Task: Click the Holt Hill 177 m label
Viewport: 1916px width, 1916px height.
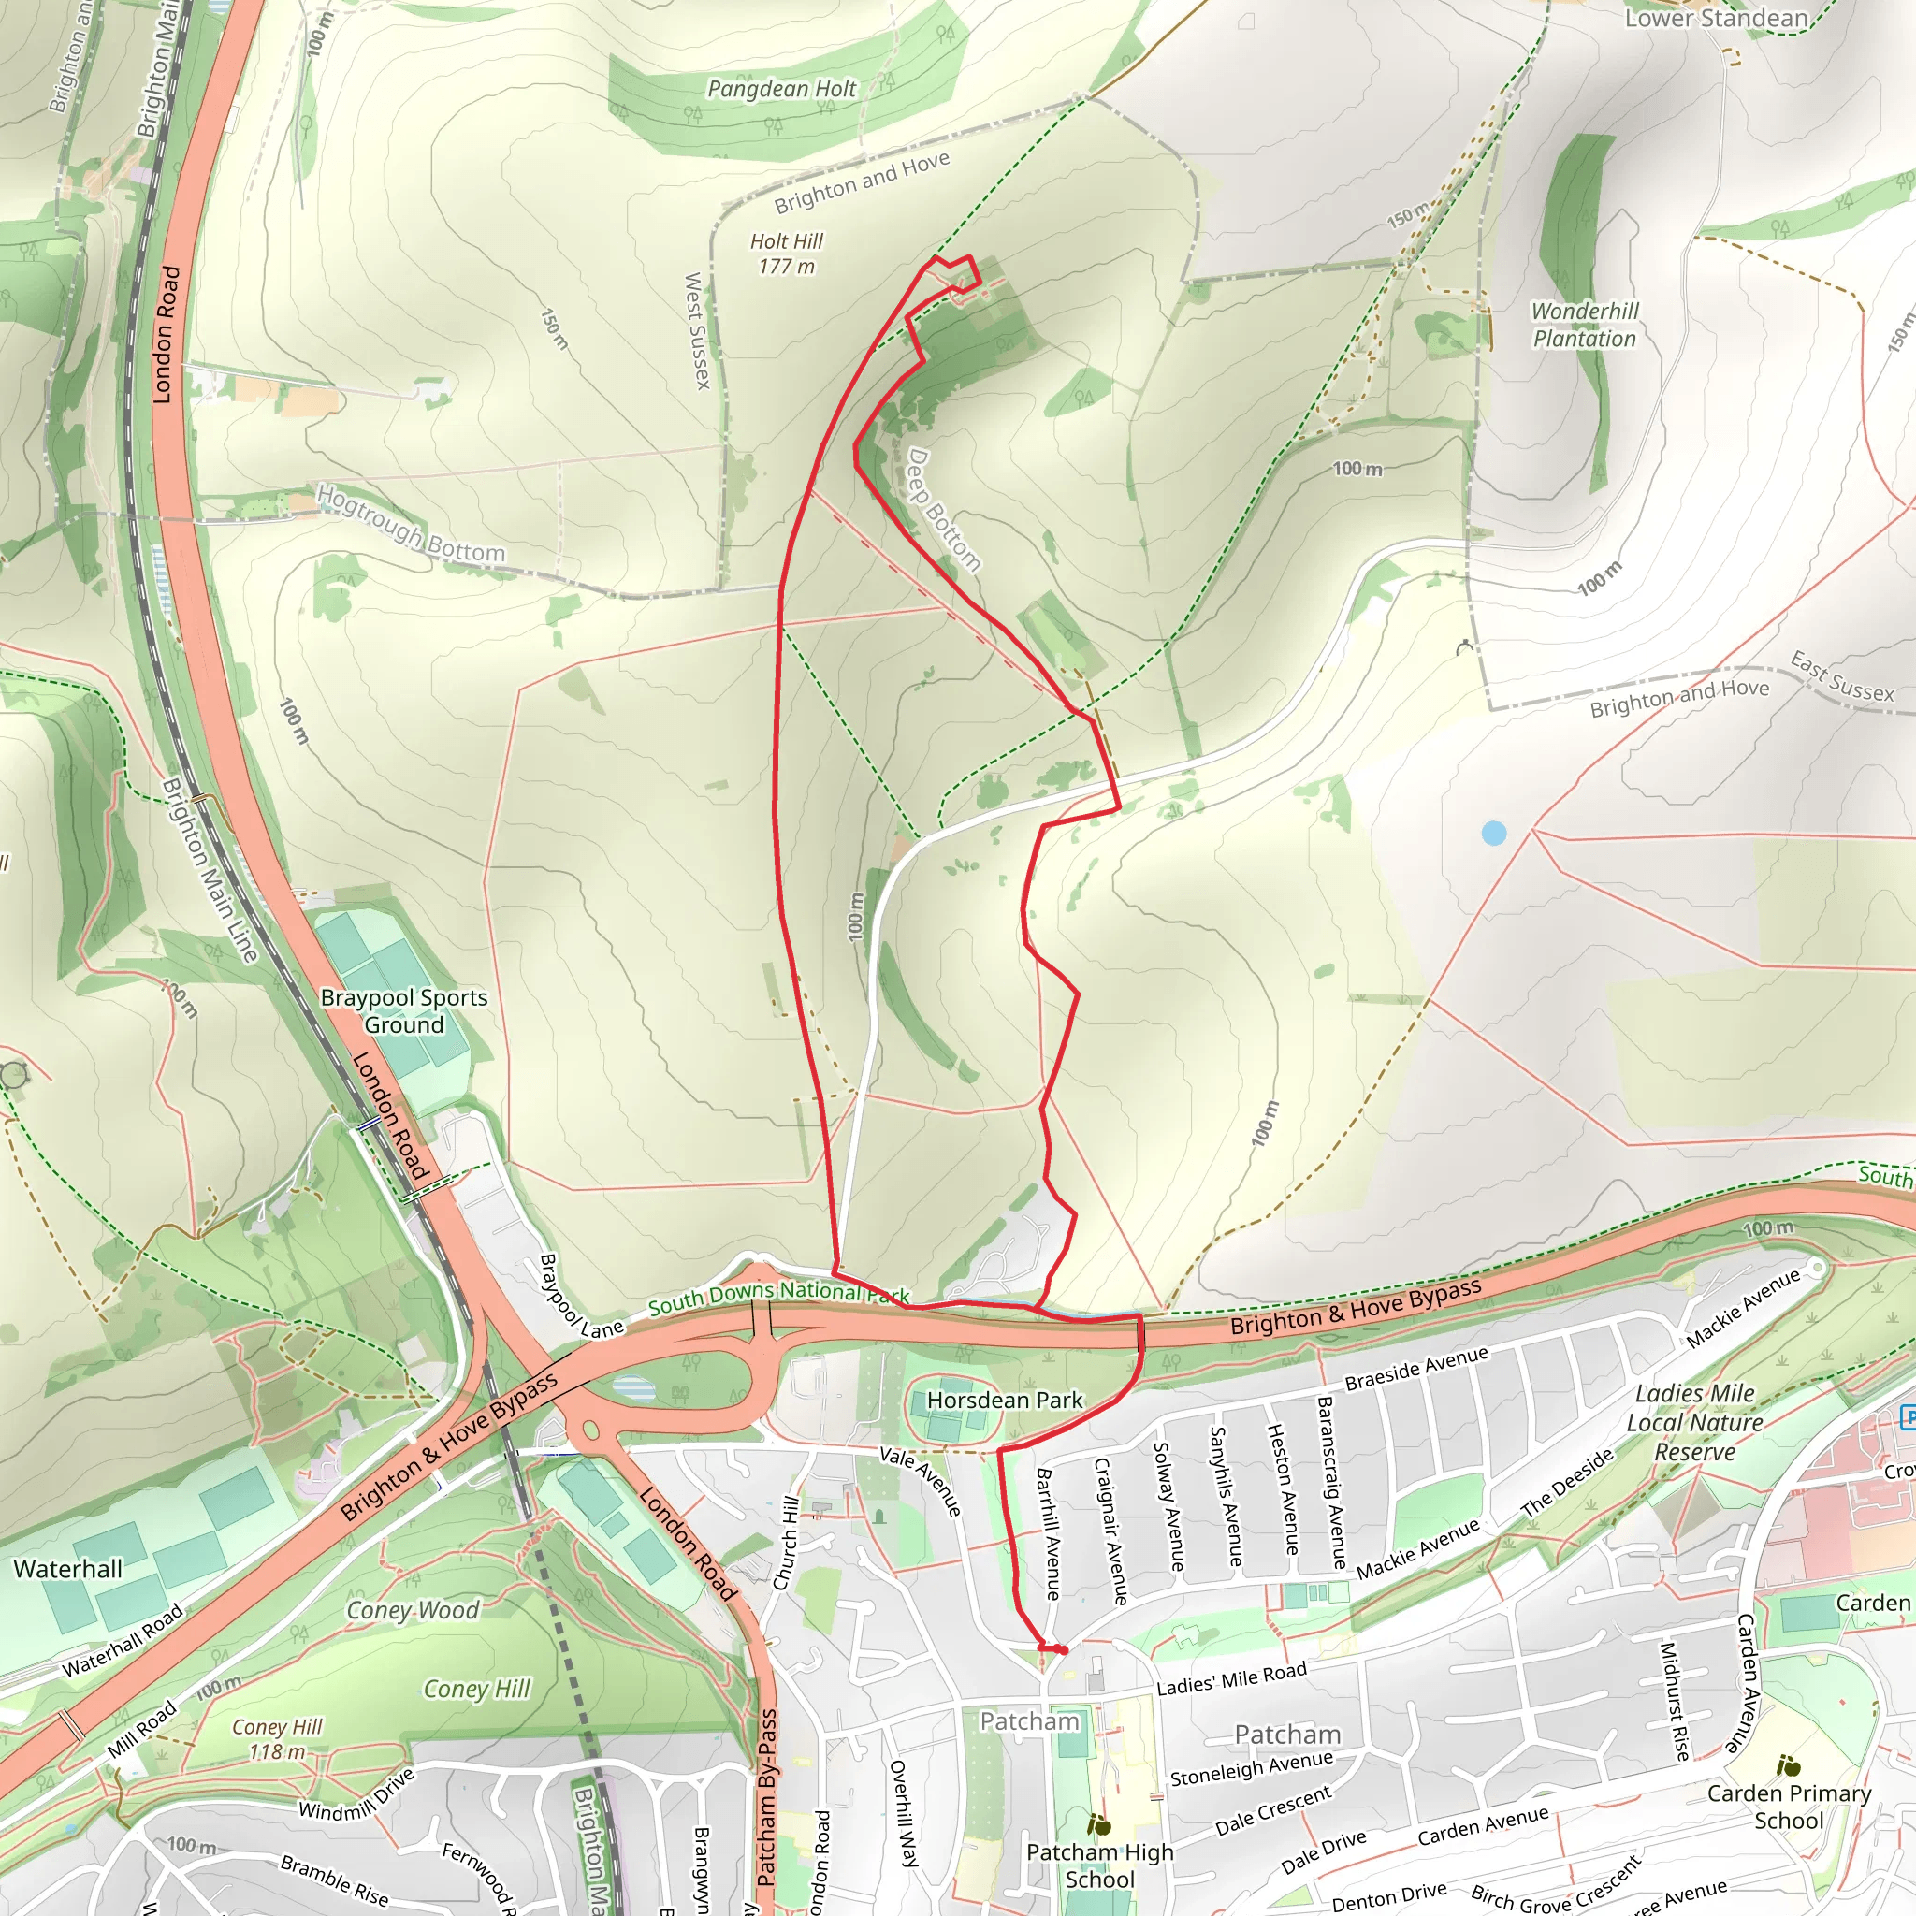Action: [787, 254]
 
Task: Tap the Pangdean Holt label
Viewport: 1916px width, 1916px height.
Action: [781, 89]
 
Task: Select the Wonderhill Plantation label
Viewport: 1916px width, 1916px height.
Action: [1585, 325]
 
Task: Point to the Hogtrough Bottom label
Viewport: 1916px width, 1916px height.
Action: [412, 523]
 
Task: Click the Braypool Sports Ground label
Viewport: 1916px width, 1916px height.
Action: [403, 1010]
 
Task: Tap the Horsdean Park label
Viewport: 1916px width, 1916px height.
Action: [1005, 1401]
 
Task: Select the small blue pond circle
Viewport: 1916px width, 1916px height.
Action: [1493, 833]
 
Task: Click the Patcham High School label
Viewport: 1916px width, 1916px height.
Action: [1100, 1865]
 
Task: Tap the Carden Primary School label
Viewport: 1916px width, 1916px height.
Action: [1789, 1807]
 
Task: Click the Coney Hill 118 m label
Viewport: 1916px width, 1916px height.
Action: [277, 1739]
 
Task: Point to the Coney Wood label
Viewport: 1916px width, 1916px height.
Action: [412, 1611]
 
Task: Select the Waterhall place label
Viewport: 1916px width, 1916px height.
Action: [67, 1569]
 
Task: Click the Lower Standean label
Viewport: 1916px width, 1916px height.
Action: [1716, 19]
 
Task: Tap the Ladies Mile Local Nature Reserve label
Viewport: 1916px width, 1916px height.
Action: [1695, 1422]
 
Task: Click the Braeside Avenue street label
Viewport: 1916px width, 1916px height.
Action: [1416, 1369]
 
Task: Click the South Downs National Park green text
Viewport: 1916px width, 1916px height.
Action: [778, 1295]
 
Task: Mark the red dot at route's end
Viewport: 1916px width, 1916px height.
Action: [1062, 1650]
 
